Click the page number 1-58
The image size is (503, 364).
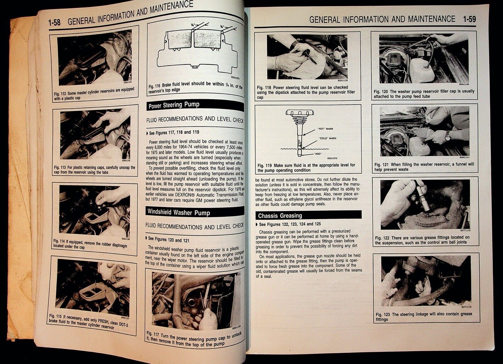[54, 22]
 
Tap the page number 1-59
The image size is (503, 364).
[469, 19]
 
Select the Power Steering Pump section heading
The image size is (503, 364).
[174, 105]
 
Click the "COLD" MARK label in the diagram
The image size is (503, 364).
[328, 138]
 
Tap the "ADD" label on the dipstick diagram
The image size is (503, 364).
[318, 154]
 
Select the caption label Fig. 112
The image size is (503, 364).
[60, 94]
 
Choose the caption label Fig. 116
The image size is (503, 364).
[154, 87]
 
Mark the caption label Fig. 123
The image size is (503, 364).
[383, 315]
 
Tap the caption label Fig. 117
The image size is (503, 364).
[153, 334]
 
